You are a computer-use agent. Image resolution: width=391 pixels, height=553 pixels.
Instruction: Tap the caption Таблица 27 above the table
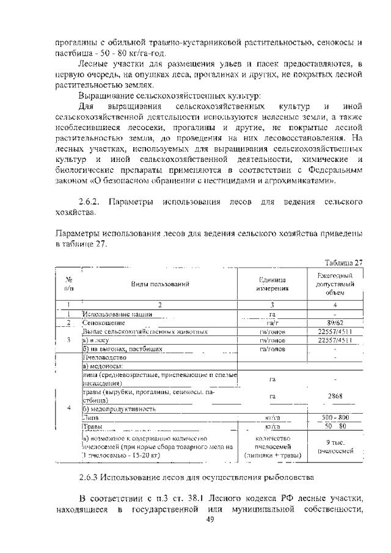pos(343,263)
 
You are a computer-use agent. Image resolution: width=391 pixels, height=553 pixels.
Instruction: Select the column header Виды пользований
pos(159,284)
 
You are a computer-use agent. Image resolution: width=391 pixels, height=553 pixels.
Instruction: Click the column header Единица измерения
pos(272,284)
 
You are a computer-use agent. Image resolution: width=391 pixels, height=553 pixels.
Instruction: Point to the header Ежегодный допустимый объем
pos(335,284)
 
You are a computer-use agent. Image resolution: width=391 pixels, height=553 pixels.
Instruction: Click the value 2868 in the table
pos(335,396)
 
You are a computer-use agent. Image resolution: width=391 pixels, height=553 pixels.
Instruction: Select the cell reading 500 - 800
pos(335,417)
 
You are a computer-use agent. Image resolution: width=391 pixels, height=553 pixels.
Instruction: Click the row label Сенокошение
pos(104,322)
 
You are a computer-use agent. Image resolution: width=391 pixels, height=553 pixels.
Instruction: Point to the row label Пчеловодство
pos(104,356)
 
